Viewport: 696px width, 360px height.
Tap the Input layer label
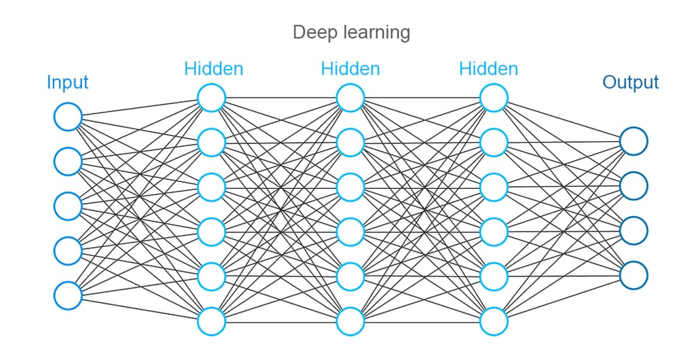(x=67, y=82)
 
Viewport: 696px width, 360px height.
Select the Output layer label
(x=631, y=82)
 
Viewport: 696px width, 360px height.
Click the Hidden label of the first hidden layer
(x=213, y=69)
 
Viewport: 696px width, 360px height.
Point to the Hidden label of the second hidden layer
(x=350, y=69)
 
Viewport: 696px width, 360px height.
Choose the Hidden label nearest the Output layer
(x=488, y=69)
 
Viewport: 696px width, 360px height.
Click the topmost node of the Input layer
(x=68, y=117)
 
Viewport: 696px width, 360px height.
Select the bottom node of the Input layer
(x=68, y=295)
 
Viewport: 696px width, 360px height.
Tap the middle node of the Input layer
(x=68, y=206)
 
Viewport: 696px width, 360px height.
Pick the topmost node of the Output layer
(x=634, y=141)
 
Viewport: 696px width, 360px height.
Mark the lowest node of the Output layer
(x=634, y=274)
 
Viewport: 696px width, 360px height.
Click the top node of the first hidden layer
(x=211, y=98)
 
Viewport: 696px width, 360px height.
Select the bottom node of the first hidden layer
(x=211, y=321)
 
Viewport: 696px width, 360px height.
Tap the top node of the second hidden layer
(x=350, y=98)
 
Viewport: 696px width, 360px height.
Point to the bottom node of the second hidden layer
(x=350, y=321)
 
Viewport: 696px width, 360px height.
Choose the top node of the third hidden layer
(x=494, y=98)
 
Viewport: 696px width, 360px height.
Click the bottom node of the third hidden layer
(x=494, y=321)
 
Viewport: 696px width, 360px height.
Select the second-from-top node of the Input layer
(x=68, y=162)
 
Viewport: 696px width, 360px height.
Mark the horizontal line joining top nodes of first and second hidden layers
(x=280, y=98)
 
